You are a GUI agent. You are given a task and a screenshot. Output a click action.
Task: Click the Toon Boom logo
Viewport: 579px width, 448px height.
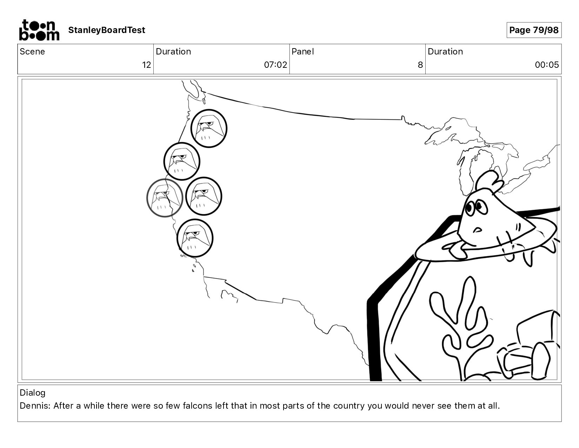(x=39, y=30)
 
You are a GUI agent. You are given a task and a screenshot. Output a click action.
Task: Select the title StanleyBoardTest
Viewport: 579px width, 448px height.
(x=107, y=30)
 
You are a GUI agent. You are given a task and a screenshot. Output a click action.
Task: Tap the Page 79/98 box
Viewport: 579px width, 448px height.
(x=534, y=30)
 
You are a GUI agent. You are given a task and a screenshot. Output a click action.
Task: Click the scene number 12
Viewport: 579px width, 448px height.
(x=147, y=65)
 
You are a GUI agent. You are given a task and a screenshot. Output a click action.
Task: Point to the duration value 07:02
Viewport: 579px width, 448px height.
(x=275, y=65)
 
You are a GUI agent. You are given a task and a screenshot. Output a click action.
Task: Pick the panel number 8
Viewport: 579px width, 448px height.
(x=420, y=65)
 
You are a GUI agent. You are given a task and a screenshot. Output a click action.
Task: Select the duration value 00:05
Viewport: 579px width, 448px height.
(x=547, y=65)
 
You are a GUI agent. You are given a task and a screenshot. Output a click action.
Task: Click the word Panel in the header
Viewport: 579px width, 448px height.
(x=303, y=52)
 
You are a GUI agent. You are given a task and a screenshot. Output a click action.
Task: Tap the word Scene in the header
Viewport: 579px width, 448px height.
(x=32, y=52)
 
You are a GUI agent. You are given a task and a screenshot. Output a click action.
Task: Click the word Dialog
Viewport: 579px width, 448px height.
(x=33, y=393)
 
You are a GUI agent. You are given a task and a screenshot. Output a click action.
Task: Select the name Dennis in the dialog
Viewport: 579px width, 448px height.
(x=35, y=406)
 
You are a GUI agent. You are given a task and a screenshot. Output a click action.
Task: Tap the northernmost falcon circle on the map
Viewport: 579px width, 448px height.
(x=209, y=128)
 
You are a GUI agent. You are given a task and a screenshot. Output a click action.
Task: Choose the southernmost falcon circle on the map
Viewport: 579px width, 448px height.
(x=195, y=238)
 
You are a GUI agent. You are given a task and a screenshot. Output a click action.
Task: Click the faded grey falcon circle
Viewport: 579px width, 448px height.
(x=165, y=198)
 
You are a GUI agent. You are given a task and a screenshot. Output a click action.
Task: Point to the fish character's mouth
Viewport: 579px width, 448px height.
(x=478, y=229)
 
